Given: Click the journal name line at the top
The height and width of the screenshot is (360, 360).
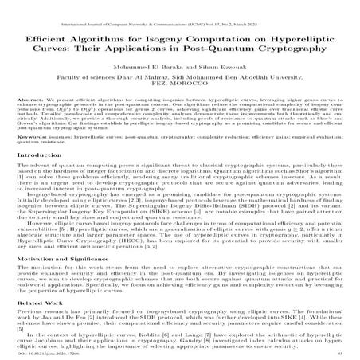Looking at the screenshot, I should point(179,7).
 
